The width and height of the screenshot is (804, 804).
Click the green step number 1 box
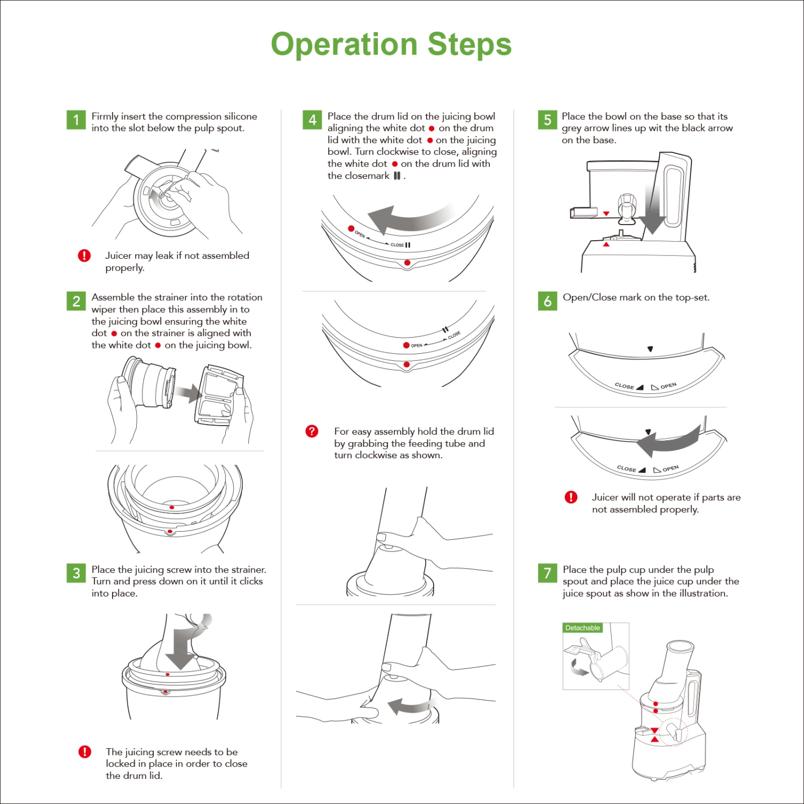coord(76,120)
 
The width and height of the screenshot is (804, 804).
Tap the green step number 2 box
coord(76,301)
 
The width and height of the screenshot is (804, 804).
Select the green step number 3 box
coord(76,573)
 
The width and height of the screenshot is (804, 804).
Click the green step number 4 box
coord(312,120)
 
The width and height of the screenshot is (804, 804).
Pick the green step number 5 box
coord(547,120)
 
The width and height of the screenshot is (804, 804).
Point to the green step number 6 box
coord(547,301)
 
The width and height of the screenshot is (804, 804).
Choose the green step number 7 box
coord(547,573)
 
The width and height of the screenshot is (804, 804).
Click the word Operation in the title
coord(344,44)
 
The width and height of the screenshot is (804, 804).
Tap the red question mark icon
coord(311,431)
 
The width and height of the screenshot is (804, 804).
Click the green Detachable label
coord(583,628)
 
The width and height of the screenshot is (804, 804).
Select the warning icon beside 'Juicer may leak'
coord(84,256)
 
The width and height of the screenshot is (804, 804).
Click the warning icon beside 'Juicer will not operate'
coord(571,497)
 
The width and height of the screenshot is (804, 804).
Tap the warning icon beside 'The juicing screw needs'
coord(85,752)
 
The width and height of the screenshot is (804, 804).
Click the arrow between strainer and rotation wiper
coord(188,393)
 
